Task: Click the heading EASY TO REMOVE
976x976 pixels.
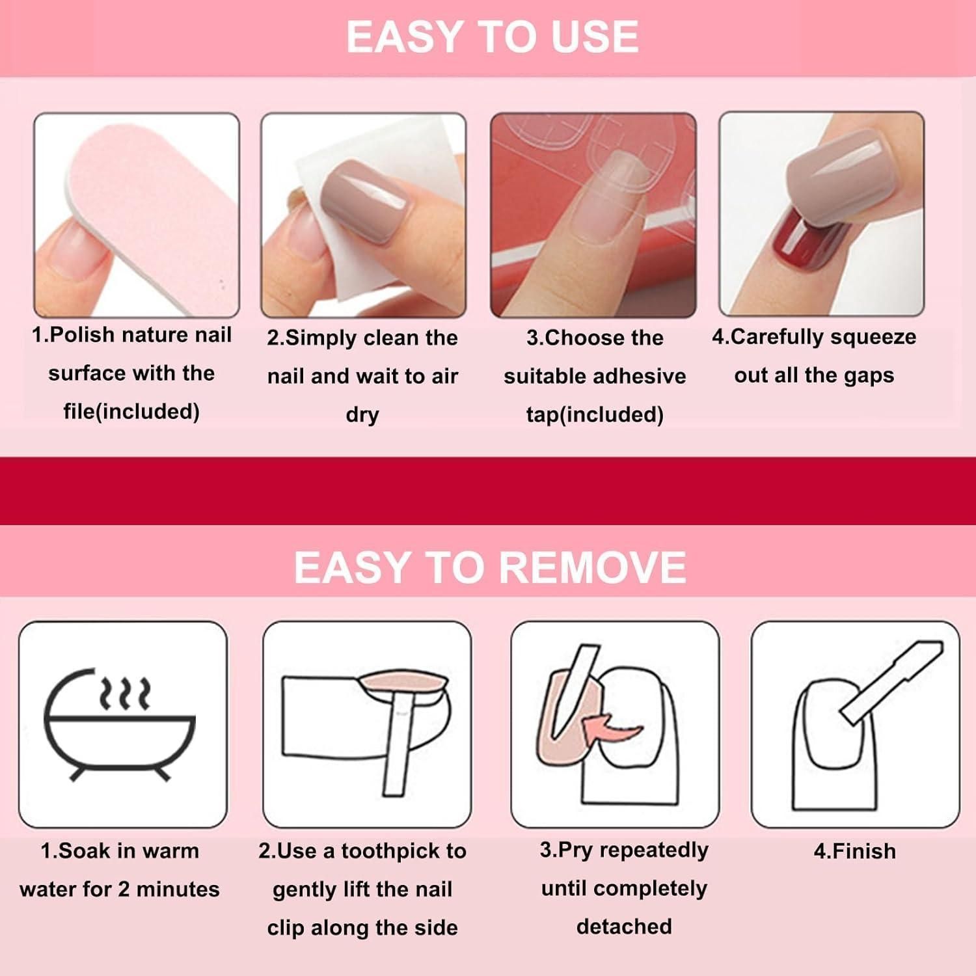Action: [490, 567]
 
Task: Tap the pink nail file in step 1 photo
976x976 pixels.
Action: [143, 215]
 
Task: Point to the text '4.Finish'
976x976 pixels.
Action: [855, 851]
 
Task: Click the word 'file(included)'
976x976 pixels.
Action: [131, 412]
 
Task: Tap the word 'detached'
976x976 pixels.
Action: [624, 927]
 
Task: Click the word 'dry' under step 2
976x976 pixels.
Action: [362, 416]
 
